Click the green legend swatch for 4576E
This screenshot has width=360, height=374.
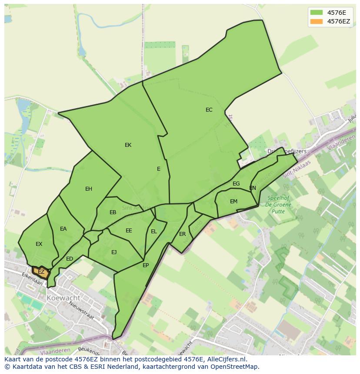tap(317, 12)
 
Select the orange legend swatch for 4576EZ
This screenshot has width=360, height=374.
tap(317, 21)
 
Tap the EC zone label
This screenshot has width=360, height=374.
tap(209, 110)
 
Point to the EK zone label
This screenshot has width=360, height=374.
tap(128, 145)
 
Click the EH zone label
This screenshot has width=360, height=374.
tap(89, 189)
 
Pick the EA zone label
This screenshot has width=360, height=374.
tap(63, 229)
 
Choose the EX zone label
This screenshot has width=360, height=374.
tap(39, 244)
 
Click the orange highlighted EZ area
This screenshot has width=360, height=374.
tap(41, 272)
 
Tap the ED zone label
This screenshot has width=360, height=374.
tap(70, 259)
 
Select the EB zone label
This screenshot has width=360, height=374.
tap(113, 212)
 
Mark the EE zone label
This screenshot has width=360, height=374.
tap(129, 231)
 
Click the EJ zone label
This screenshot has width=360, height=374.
tap(114, 252)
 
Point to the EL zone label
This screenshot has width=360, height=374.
tap(154, 232)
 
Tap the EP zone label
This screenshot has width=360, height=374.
tap(146, 265)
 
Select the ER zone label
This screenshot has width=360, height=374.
tap(183, 234)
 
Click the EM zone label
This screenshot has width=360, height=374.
tap(234, 202)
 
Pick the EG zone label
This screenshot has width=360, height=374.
tap(236, 184)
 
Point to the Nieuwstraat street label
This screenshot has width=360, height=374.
tap(82, 311)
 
